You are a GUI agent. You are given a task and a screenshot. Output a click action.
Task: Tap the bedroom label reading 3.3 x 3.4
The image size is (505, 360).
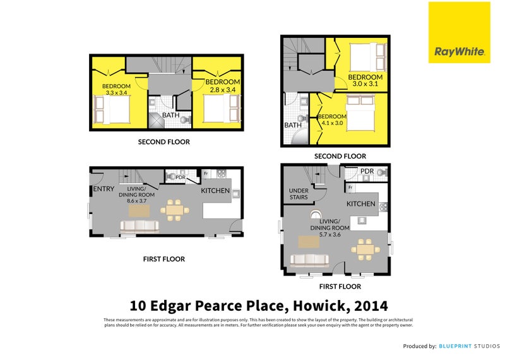coord(116,90)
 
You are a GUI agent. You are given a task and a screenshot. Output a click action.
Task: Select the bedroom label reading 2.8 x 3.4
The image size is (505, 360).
coord(222,86)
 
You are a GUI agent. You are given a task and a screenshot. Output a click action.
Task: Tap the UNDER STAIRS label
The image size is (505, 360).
coord(298,194)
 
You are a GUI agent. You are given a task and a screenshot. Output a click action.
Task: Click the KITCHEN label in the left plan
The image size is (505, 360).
coord(216,190)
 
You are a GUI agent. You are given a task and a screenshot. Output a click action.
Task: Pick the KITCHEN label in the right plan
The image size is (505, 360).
coord(361,204)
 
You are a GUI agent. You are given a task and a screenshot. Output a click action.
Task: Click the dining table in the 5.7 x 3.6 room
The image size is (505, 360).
coord(364,249)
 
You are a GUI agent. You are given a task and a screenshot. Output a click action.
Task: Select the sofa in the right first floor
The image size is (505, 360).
coord(309,259)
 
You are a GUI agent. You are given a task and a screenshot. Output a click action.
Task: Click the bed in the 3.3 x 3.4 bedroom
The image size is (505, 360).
coord(112,109)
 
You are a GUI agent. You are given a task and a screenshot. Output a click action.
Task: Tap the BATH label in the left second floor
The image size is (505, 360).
coord(170,115)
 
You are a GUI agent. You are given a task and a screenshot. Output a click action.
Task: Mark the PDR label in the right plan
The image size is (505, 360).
coord(367,171)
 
